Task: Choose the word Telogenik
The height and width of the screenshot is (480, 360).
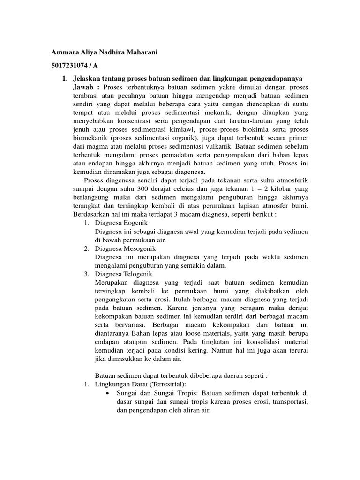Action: tap(137, 274)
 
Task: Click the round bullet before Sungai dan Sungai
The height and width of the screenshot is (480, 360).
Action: tap(108, 393)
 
